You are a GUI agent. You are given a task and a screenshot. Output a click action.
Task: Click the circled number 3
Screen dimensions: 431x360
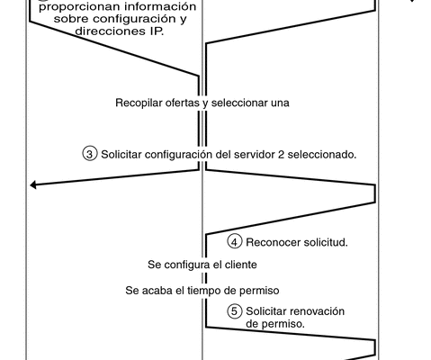89,154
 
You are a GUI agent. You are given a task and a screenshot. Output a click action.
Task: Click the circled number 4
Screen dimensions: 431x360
235,242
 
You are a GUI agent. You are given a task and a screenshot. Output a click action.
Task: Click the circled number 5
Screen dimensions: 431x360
235,311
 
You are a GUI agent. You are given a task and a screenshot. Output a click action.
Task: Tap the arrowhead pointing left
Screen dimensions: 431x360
33,185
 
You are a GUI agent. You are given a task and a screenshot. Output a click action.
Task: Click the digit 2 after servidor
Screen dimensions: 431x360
281,155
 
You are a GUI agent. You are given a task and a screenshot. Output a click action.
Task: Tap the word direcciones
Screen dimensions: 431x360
111,31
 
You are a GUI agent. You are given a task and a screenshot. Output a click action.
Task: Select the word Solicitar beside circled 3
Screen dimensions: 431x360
121,155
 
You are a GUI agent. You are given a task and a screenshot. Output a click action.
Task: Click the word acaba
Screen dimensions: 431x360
157,291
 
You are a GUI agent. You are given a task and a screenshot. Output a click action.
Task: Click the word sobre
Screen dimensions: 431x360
71,19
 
